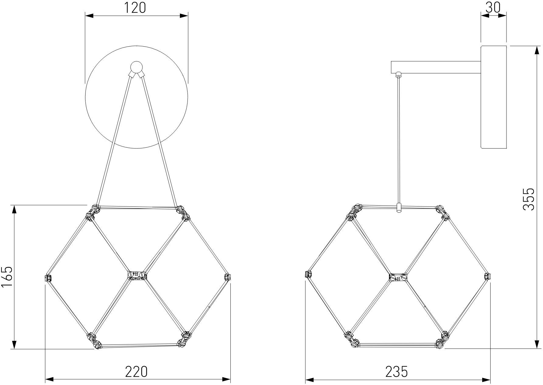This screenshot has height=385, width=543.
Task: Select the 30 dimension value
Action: (493, 8)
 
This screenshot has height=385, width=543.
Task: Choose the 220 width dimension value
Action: (137, 371)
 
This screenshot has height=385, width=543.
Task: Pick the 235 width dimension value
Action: (397, 371)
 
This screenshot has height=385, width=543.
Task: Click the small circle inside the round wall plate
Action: (136, 67)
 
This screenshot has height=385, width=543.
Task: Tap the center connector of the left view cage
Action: (137, 275)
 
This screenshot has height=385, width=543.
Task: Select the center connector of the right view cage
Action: (398, 277)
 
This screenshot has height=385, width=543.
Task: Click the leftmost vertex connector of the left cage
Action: (48, 278)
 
